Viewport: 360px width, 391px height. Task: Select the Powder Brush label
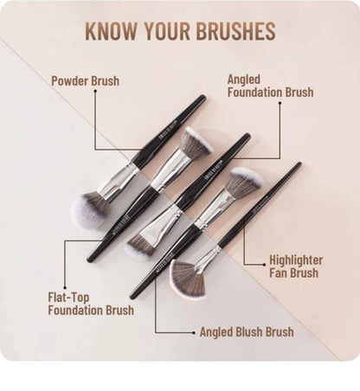tap(85, 81)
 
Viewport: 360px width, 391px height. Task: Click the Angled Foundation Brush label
tap(270, 85)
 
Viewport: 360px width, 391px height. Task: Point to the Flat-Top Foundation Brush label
tap(91, 304)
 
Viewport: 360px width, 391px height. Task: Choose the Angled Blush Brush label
tap(247, 331)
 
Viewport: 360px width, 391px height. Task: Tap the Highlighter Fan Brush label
tap(296, 266)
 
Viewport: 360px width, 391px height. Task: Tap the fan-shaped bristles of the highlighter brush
tap(187, 279)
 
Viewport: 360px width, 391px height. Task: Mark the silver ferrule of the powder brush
tap(120, 179)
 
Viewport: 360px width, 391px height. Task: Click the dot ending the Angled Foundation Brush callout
tap(280, 103)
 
